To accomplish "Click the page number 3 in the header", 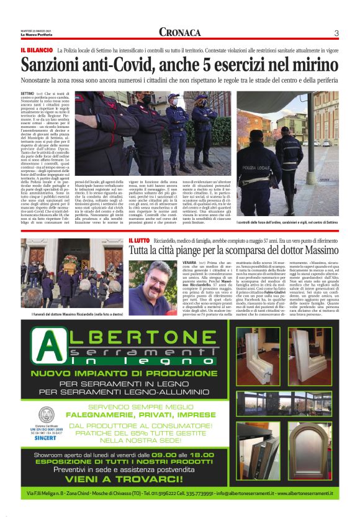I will click(336, 33).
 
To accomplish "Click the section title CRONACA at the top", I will click(180, 32).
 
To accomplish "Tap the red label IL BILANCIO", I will click(36, 49).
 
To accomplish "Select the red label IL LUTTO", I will click(139, 240).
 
